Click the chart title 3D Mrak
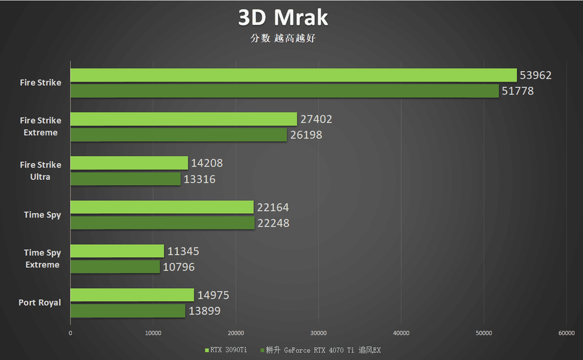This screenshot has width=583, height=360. point(282,17)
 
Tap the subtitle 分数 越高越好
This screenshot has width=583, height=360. point(282,38)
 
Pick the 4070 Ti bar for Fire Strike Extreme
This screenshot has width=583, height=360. point(178,135)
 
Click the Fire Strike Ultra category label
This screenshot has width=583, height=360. point(40,171)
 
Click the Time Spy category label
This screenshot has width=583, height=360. point(43,215)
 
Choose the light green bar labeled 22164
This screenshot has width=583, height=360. point(162,207)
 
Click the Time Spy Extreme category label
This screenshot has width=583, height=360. point(42,258)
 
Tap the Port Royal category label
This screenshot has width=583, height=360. point(40,302)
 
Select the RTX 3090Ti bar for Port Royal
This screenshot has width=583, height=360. point(132,295)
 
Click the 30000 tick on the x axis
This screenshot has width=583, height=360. point(318,333)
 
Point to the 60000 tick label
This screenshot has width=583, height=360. point(566,333)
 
